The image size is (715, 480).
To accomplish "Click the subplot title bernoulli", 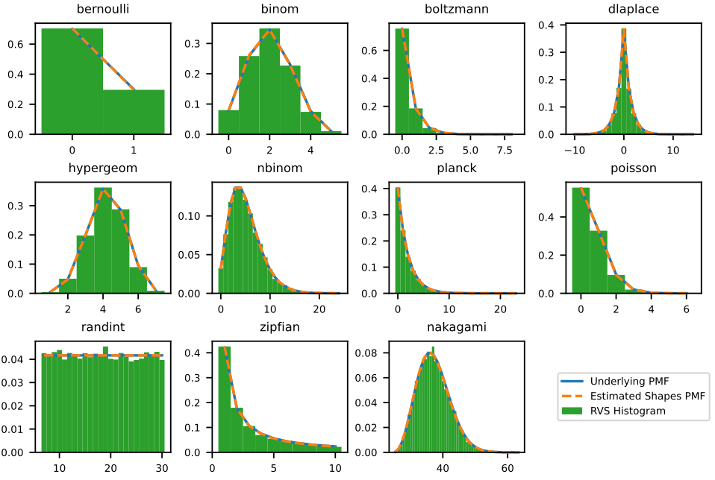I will click(102, 9).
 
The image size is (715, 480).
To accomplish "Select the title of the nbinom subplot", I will click(280, 168).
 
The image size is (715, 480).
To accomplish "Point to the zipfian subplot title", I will click(280, 326).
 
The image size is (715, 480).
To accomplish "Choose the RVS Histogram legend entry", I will click(628, 411).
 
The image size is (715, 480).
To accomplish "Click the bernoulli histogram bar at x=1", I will click(134, 112).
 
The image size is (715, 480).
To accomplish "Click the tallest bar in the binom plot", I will click(269, 82).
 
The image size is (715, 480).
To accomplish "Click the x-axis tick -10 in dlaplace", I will click(574, 150).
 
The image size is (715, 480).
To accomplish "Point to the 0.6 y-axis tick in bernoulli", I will click(22, 44).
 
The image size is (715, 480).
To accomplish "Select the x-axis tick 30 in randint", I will click(161, 467).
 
